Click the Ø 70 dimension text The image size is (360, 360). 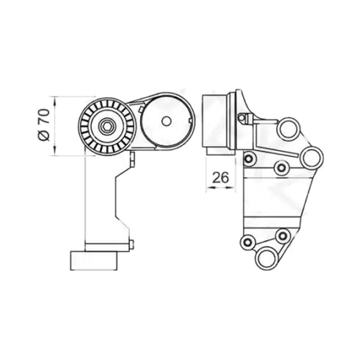click(44, 125)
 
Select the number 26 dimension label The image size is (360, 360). click(220, 177)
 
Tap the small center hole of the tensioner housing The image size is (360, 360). click(166, 121)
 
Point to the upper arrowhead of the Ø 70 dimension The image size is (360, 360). click(54, 101)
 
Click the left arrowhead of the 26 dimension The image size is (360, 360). click(211, 188)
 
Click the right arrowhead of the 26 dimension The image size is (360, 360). click(231, 188)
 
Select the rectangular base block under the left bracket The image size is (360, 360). click(94, 261)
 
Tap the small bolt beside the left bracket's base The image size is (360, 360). click(131, 244)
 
